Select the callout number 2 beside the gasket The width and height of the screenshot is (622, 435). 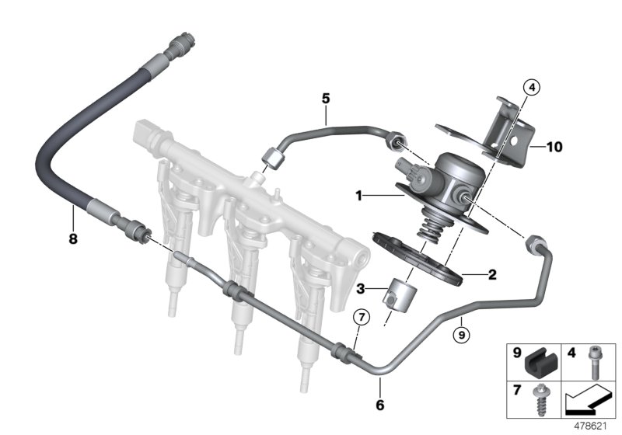click(x=491, y=273)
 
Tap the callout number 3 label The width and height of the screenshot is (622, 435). click(x=359, y=289)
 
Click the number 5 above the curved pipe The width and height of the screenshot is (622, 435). click(x=326, y=98)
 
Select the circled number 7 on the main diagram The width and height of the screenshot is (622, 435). click(x=359, y=317)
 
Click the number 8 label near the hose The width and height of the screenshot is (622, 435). click(x=73, y=239)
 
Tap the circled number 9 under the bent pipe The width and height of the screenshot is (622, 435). click(x=460, y=336)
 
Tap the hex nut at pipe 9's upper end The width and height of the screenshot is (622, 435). click(x=536, y=244)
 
